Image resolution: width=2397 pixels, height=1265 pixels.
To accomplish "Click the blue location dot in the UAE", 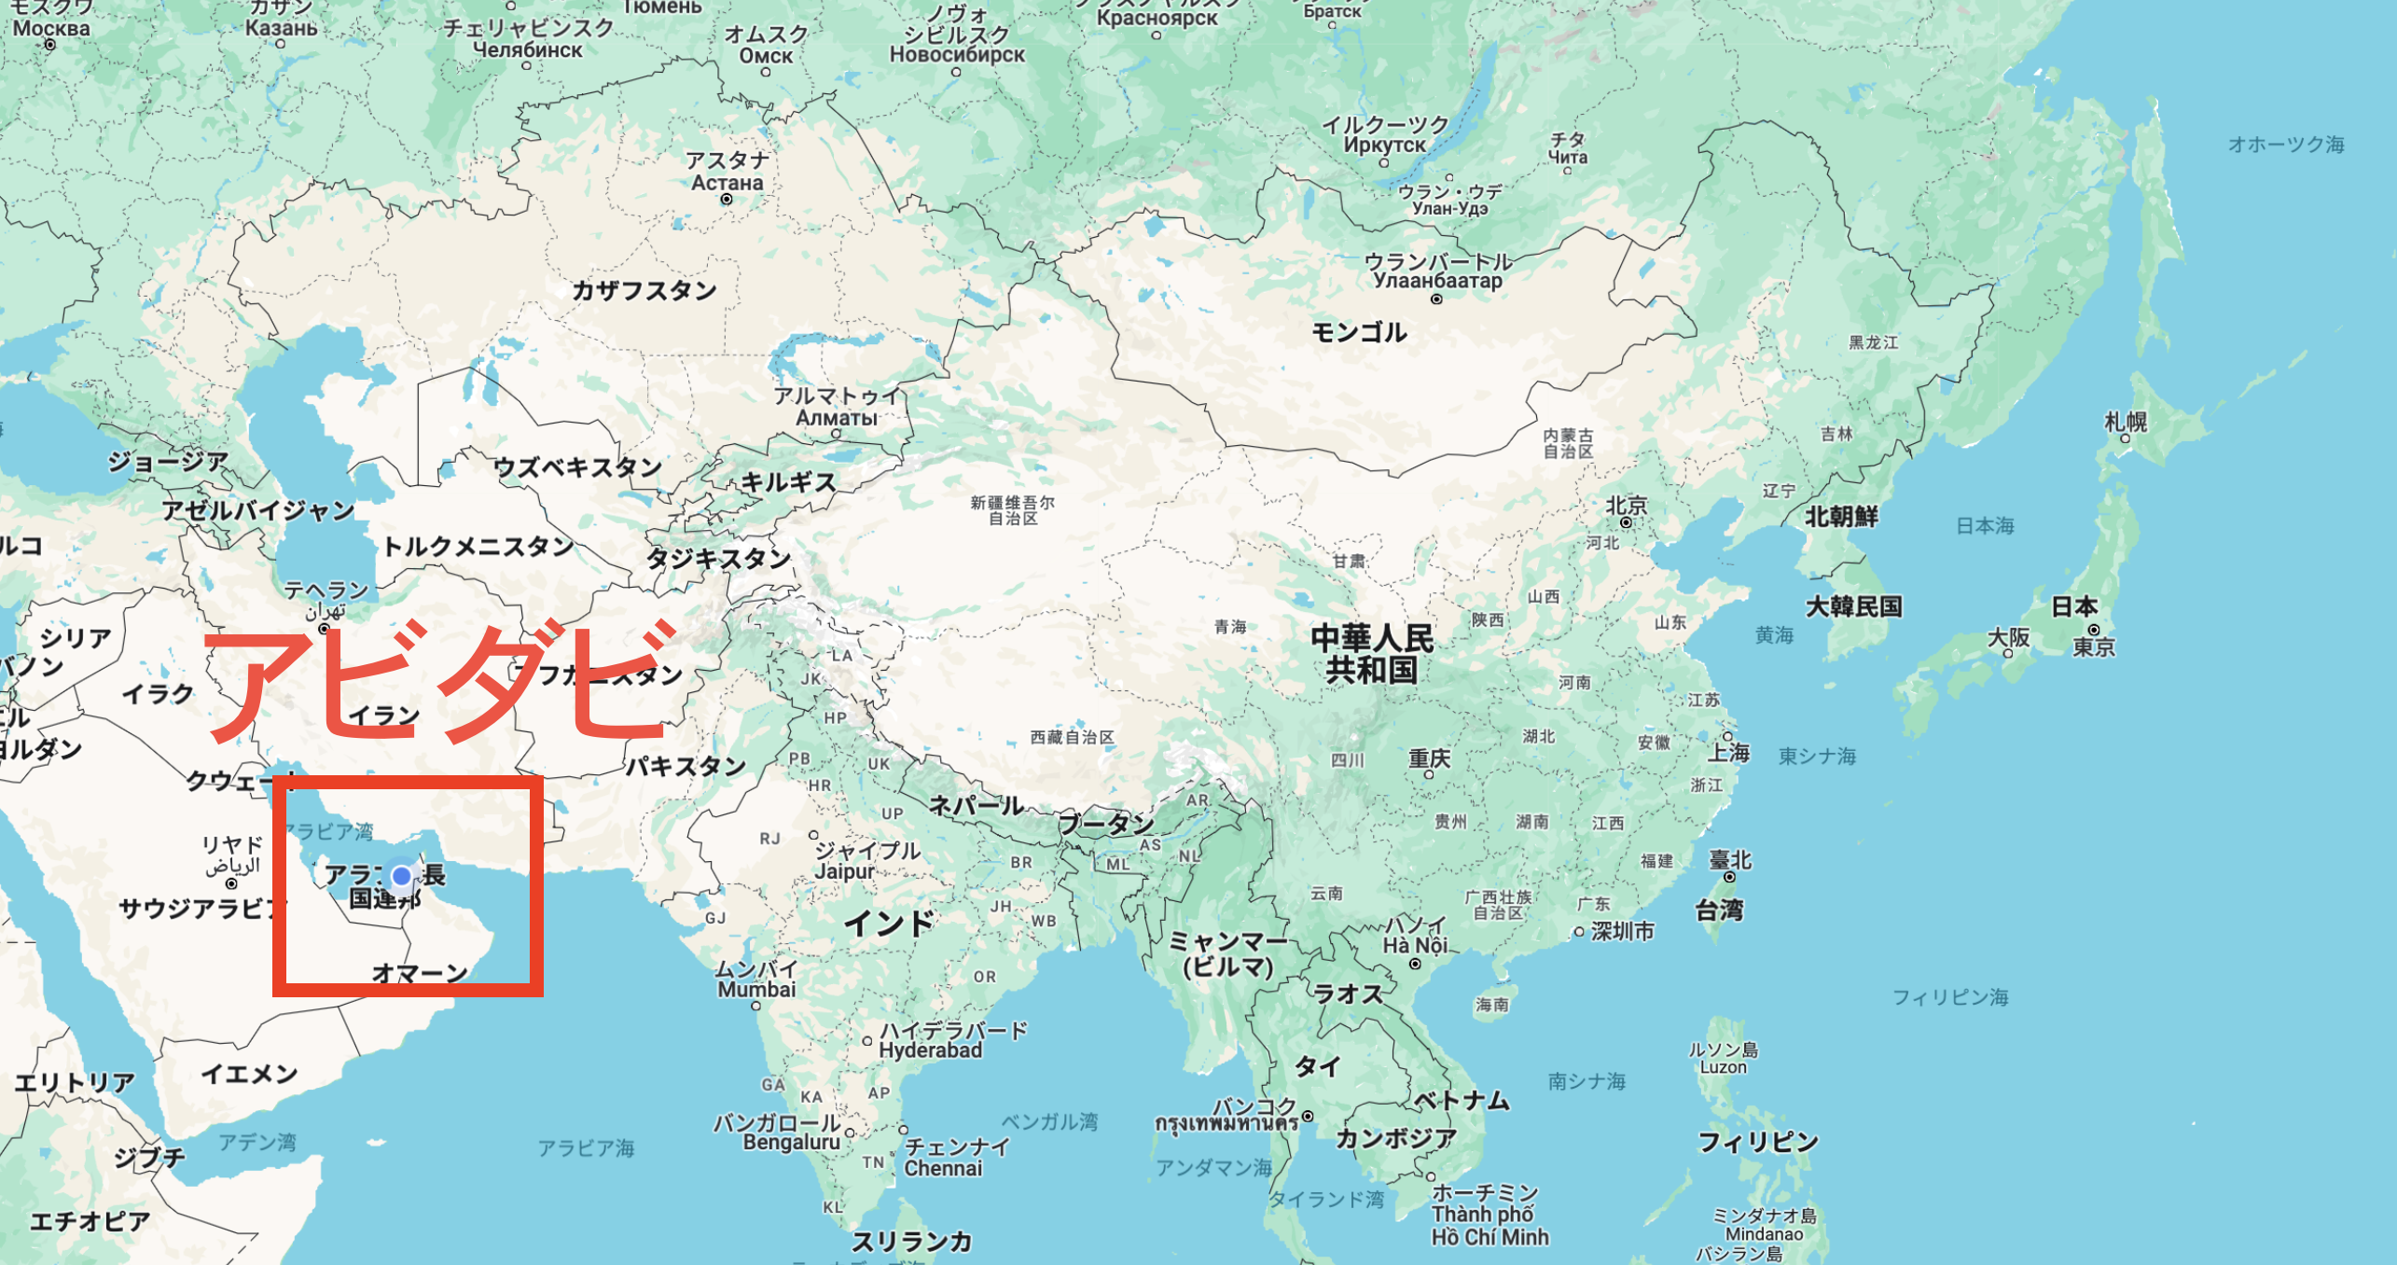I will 402,876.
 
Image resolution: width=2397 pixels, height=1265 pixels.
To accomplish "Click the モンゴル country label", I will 1359,332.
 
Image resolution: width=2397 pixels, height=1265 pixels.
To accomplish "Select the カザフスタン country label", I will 644,290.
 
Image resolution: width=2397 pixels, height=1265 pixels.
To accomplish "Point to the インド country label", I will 888,923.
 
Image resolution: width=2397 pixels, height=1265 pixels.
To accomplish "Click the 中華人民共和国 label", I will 1371,654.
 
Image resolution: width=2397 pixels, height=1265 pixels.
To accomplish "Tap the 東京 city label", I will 2094,647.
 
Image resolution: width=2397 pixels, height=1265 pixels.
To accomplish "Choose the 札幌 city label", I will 2126,422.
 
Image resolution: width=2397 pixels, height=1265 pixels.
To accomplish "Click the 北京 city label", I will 1626,506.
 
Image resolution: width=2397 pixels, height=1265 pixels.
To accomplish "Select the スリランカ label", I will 911,1241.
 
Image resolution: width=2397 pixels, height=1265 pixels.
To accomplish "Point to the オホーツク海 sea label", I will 2286,145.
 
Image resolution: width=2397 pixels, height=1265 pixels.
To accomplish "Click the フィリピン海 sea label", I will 1950,997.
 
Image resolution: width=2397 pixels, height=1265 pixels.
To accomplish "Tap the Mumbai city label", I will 756,989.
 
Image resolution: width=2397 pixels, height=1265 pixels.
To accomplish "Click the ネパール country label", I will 977,805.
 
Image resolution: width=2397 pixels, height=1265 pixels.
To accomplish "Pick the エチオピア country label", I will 90,1221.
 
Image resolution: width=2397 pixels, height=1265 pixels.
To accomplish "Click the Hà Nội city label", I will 1414,945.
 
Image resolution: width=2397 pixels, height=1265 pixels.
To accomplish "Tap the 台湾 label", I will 1718,910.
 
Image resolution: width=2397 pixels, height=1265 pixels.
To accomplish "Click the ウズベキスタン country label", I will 576,466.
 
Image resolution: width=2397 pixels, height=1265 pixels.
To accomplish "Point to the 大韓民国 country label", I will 1853,606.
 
